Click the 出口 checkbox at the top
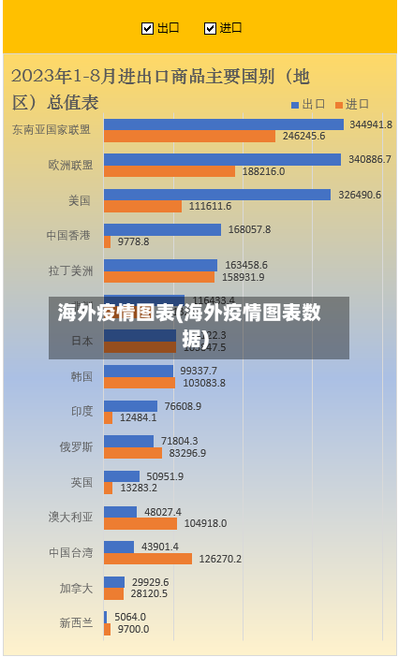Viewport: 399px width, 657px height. tap(147, 28)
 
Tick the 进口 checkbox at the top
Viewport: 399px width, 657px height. tap(210, 28)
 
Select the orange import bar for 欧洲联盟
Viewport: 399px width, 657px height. tap(170, 171)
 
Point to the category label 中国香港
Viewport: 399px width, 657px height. tap(70, 235)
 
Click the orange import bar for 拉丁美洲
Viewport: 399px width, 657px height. tap(159, 277)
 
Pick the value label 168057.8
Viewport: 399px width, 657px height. tap(249, 229)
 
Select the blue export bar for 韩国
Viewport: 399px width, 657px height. tap(140, 371)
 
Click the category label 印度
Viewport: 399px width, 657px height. tap(81, 411)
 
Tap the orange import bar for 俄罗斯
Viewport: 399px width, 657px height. tap(133, 453)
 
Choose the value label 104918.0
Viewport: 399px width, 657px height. tap(203, 523)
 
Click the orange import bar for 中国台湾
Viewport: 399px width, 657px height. tap(148, 559)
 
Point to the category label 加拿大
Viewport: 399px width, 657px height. tap(76, 588)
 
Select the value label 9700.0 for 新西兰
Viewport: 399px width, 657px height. tap(133, 629)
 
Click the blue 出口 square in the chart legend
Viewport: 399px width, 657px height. tap(294, 104)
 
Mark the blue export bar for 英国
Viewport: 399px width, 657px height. tap(122, 476)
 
